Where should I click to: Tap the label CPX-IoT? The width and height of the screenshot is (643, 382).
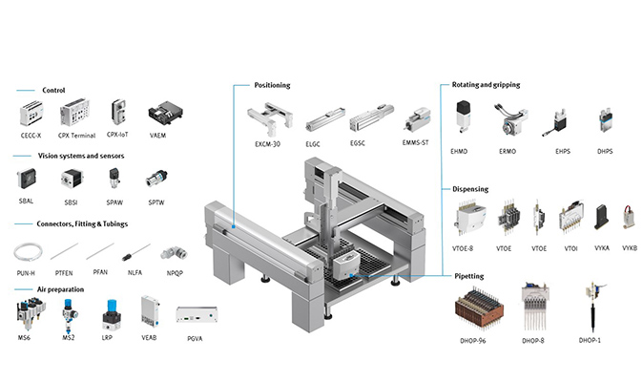click(119, 135)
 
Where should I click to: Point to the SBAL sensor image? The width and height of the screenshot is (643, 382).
click(27, 178)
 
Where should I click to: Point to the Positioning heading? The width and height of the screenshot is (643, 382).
click(272, 85)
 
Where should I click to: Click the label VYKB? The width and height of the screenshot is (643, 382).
click(629, 247)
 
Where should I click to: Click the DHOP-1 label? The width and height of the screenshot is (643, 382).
click(591, 341)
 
